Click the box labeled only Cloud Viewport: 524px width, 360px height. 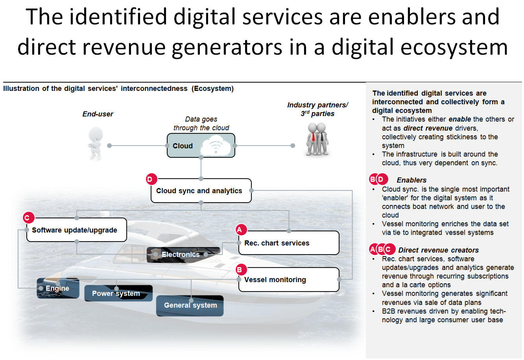201,146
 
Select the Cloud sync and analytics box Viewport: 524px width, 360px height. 201,191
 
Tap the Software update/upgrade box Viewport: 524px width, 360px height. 76,230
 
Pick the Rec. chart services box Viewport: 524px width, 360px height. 289,243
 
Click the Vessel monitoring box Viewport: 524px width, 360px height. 289,279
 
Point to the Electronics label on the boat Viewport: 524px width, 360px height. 181,255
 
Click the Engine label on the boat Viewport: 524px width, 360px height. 57,288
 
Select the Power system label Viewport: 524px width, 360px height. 116,294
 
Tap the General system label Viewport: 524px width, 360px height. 190,305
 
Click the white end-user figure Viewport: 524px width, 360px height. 95,143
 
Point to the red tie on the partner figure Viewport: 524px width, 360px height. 313,137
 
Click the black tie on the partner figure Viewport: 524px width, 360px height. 322,137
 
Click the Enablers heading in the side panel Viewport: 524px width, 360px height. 411,180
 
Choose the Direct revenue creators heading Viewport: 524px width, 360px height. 438,250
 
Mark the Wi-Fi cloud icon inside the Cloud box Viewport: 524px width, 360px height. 216,146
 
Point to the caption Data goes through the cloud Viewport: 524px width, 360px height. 201,123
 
